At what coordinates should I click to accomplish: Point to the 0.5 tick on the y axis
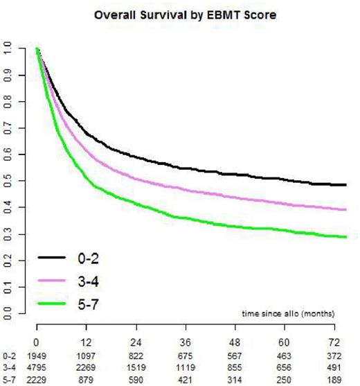click(8, 182)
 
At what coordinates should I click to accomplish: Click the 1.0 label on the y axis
click(8, 49)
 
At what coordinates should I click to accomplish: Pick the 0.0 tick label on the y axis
click(8, 316)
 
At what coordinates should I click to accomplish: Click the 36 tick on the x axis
click(185, 342)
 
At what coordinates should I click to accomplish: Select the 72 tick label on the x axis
click(334, 342)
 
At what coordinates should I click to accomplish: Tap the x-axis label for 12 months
click(86, 342)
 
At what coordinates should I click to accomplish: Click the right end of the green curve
click(346, 238)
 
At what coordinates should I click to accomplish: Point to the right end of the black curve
click(346, 185)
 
